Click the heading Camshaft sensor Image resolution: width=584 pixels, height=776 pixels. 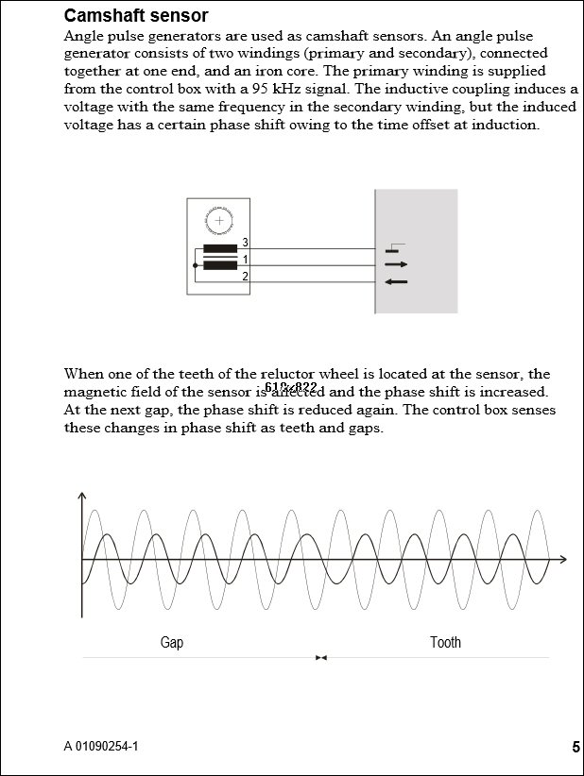tap(136, 16)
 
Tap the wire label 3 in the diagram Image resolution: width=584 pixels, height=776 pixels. tap(245, 244)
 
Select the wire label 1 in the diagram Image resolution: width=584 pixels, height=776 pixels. tap(245, 260)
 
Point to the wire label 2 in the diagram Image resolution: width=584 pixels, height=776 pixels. tap(245, 276)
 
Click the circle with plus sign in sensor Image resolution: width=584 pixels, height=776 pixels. tap(219, 221)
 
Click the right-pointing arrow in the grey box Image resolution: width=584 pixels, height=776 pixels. tap(396, 265)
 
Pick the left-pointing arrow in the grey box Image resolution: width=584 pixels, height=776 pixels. tap(396, 281)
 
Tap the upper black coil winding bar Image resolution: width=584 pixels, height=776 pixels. tap(220, 250)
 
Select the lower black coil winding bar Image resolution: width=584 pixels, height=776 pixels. tap(220, 266)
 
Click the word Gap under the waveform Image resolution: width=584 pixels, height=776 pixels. tap(172, 643)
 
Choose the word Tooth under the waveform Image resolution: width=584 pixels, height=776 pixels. tap(445, 643)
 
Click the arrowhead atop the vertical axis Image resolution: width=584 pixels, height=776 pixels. tap(83, 497)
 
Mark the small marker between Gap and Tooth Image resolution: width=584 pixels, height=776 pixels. tap(321, 658)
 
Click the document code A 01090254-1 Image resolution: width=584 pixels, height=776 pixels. tap(101, 747)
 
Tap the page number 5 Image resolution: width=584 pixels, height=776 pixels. tap(575, 748)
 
